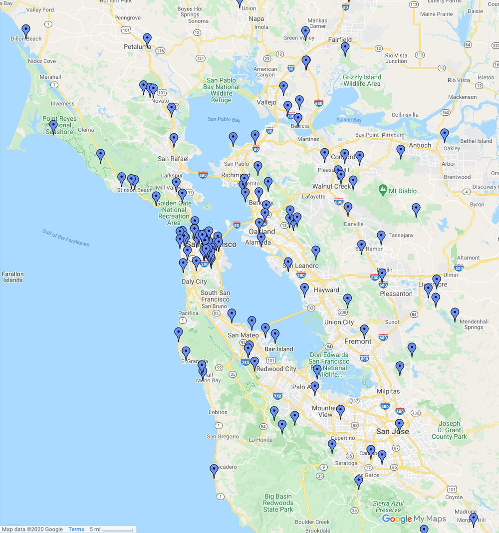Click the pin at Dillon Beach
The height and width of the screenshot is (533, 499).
click(26, 31)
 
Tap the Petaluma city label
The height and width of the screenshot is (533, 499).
click(137, 47)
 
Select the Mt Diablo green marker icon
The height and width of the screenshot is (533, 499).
click(383, 190)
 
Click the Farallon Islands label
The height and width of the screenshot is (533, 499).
click(12, 277)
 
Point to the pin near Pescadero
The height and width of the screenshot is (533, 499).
click(214, 471)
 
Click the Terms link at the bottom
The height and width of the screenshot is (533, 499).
click(76, 529)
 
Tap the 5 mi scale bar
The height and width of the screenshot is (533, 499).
click(111, 529)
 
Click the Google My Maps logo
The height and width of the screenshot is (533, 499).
click(414, 519)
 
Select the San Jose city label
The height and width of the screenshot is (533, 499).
click(392, 431)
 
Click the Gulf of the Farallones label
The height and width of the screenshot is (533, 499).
click(65, 238)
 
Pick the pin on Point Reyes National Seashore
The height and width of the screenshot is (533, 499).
click(53, 127)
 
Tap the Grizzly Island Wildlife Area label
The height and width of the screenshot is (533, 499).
click(362, 80)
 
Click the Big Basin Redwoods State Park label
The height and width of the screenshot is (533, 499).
click(278, 503)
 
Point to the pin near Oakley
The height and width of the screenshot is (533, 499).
click(444, 135)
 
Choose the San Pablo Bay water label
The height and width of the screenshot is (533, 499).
click(224, 120)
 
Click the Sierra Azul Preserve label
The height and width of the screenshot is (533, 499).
click(388, 507)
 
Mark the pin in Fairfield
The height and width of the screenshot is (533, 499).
click(345, 48)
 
